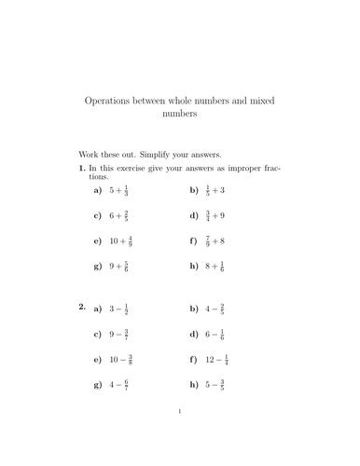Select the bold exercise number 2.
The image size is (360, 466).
click(x=82, y=307)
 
